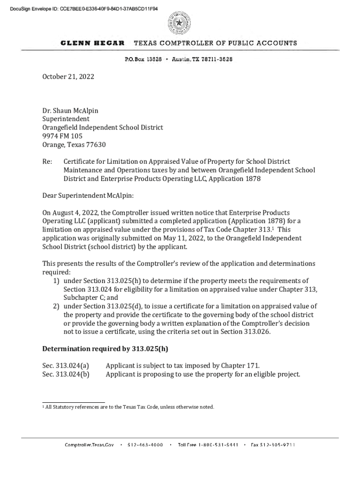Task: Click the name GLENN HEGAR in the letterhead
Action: tap(93, 43)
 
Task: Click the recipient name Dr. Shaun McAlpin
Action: tap(71, 111)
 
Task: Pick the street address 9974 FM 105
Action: tap(62, 136)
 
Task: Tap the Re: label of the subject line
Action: tap(47, 162)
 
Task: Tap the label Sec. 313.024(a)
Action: tap(66, 366)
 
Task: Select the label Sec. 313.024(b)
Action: tap(66, 374)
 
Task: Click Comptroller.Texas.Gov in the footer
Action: tap(89, 445)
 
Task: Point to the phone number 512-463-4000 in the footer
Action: tap(145, 445)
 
